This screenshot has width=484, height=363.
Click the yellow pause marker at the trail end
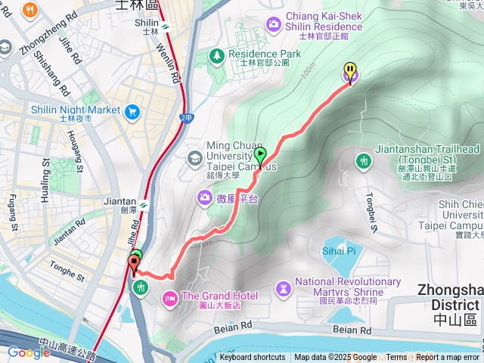point(350,71)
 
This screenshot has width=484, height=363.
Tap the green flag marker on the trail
point(260,155)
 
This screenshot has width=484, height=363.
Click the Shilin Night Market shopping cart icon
point(133,111)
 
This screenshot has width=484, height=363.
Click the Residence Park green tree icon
point(217,54)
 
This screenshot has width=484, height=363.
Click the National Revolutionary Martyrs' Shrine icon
point(283,288)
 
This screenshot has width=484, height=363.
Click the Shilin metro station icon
point(165,28)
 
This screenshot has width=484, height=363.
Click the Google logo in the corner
point(29,352)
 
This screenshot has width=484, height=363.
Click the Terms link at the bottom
point(396,358)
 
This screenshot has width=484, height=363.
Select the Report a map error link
point(447,358)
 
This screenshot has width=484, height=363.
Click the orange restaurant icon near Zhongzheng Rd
point(31,11)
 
